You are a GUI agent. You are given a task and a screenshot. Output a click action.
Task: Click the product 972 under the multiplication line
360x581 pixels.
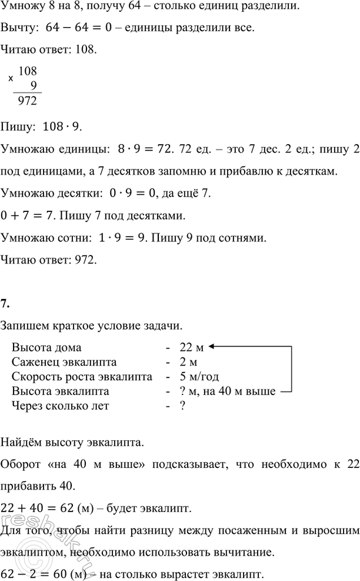pyautogui.click(x=28, y=102)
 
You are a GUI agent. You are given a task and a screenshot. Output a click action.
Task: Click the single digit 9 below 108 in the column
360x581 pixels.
pyautogui.click(x=33, y=85)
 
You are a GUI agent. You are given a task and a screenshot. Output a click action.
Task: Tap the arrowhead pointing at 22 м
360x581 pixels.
pyautogui.click(x=210, y=347)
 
